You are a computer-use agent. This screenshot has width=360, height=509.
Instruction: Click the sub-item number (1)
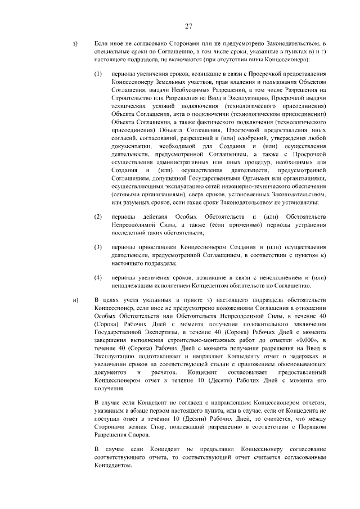coord(98,74)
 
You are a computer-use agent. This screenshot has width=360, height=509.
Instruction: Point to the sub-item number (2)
coord(98,217)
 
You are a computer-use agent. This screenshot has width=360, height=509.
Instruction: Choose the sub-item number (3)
coord(98,247)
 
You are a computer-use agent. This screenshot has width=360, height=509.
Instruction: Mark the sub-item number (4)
coord(98,278)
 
